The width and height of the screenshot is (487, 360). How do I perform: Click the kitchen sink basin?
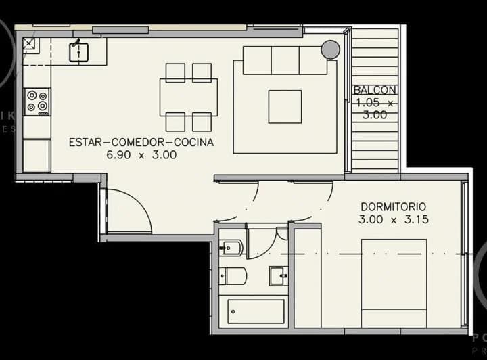[x=79, y=51]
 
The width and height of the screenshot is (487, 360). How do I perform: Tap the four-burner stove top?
[x=37, y=101]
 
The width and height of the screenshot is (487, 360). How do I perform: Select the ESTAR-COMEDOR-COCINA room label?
[x=141, y=143]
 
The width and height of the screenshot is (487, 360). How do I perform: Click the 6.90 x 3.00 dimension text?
[x=141, y=155]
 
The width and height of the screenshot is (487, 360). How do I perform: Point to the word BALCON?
[x=375, y=91]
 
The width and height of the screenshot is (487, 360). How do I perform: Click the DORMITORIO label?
[x=394, y=206]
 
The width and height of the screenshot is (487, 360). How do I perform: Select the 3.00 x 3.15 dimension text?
[x=394, y=219]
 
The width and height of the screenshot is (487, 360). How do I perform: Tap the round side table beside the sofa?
[x=330, y=49]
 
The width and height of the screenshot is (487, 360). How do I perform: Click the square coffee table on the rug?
[x=285, y=107]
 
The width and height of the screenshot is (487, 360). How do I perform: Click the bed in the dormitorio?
[x=393, y=282]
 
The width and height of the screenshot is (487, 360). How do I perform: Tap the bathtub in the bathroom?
[x=256, y=312]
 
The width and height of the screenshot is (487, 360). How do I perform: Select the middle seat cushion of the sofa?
[x=285, y=60]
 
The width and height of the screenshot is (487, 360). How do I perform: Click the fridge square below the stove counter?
[x=37, y=155]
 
